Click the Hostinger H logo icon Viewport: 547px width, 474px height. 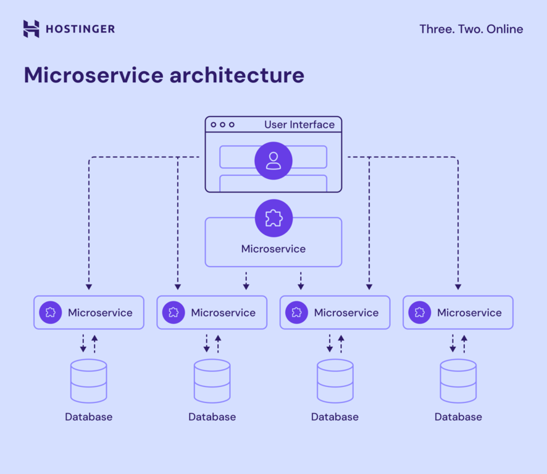click(x=31, y=29)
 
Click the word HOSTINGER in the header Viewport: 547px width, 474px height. click(x=80, y=29)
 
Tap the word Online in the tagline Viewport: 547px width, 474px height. click(x=504, y=29)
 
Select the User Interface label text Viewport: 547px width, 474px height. click(x=299, y=125)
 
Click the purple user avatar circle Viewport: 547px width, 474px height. click(x=273, y=161)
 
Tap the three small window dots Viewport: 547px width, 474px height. click(x=222, y=125)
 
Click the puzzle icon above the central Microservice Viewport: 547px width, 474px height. click(x=273, y=218)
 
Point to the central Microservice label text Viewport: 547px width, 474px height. click(x=273, y=249)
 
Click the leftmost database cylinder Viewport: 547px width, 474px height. click(x=89, y=381)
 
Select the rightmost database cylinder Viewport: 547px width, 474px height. click(x=458, y=381)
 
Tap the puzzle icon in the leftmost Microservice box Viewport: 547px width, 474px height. click(x=51, y=312)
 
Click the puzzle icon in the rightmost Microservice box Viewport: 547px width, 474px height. click(x=420, y=312)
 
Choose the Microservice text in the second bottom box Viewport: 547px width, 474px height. click(x=223, y=313)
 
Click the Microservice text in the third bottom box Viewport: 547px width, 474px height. click(x=346, y=313)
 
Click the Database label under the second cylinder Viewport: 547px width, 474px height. click(x=212, y=417)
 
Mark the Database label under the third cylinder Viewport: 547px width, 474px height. click(x=335, y=417)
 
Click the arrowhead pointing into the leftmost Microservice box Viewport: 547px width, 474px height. click(x=89, y=287)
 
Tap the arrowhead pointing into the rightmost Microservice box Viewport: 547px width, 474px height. click(x=458, y=287)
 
